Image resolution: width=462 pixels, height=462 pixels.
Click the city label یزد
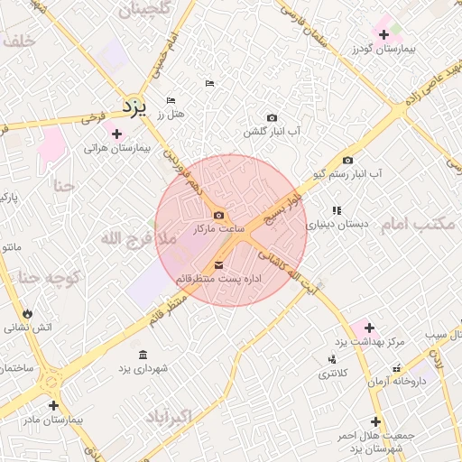(x=134, y=106)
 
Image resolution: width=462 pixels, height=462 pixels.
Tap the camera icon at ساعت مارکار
(x=219, y=215)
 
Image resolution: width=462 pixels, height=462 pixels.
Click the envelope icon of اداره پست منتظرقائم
(x=219, y=264)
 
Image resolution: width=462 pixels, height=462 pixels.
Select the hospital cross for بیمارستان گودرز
(x=384, y=34)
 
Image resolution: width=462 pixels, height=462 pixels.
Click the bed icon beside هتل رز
(x=171, y=100)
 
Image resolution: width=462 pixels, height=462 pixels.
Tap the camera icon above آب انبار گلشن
(x=272, y=117)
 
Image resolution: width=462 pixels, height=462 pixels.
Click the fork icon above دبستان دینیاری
(x=337, y=210)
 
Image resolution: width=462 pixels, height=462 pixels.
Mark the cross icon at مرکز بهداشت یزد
(x=369, y=328)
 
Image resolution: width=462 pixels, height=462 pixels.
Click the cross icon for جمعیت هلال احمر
(x=375, y=421)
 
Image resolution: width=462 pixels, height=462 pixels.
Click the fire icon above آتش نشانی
(x=28, y=313)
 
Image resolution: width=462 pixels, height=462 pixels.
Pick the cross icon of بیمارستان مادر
(x=53, y=405)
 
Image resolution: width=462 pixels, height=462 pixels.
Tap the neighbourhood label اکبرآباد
(x=169, y=417)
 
